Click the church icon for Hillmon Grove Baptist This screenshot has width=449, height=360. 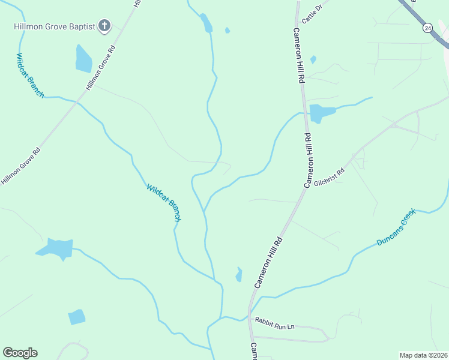pos(104,26)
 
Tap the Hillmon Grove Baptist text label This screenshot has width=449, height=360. pos(55,26)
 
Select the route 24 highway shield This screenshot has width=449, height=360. pos(427,28)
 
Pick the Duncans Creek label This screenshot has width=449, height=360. pos(396,227)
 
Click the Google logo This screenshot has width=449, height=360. pos(20,353)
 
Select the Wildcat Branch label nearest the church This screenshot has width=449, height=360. pos(29,76)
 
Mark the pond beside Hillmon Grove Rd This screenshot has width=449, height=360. pos(83,59)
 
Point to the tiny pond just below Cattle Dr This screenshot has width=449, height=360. pos(313,59)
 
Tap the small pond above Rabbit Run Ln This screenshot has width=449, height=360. pos(239,275)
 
